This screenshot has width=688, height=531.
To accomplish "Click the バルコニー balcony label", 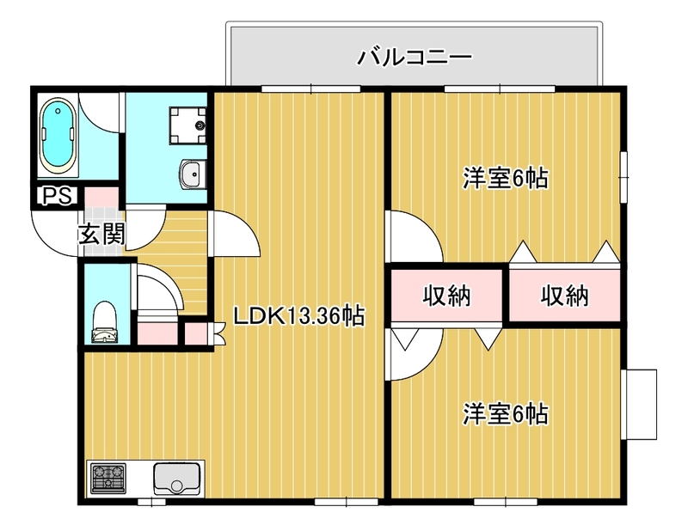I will pyautogui.click(x=415, y=58).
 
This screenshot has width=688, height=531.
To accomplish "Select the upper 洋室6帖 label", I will pyautogui.click(x=506, y=179).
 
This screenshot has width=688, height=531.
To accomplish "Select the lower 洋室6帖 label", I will pyautogui.click(x=506, y=413).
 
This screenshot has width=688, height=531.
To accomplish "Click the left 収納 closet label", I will pyautogui.click(x=446, y=296).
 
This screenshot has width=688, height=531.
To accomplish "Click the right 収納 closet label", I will pyautogui.click(x=564, y=296).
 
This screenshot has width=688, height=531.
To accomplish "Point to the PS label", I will pyautogui.click(x=57, y=197).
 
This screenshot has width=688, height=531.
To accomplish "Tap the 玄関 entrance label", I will pyautogui.click(x=102, y=234).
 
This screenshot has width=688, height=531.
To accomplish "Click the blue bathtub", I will pyautogui.click(x=58, y=136).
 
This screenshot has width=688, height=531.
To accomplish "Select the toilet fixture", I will pyautogui.click(x=104, y=322).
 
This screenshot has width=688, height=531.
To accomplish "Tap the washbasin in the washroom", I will pyautogui.click(x=193, y=174).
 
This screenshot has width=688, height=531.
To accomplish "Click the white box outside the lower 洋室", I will pyautogui.click(x=641, y=404).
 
